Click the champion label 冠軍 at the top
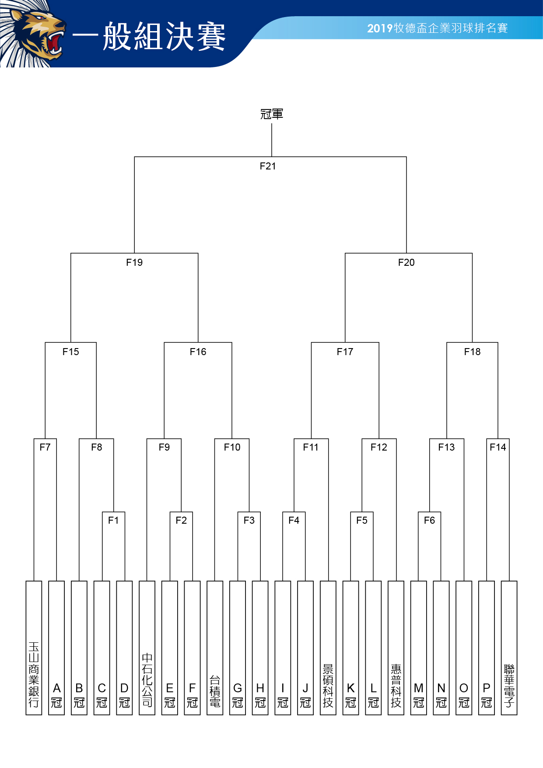click(x=272, y=114)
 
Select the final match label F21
click(x=268, y=166)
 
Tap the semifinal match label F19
click(x=134, y=262)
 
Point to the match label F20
click(x=406, y=262)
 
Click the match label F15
click(x=71, y=352)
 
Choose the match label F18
click(x=472, y=352)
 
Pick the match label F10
click(x=232, y=447)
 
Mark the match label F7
click(x=45, y=447)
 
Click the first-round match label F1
click(x=113, y=520)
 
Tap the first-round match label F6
click(x=429, y=520)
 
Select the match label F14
click(x=498, y=447)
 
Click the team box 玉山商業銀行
click(x=34, y=648)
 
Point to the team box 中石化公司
click(x=147, y=648)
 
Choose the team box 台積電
click(x=215, y=648)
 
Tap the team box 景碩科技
click(x=328, y=648)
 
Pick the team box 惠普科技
click(x=396, y=648)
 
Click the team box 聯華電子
click(x=509, y=648)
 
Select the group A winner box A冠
click(x=56, y=648)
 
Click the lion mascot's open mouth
click(x=55, y=43)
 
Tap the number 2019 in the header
click(x=380, y=28)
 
